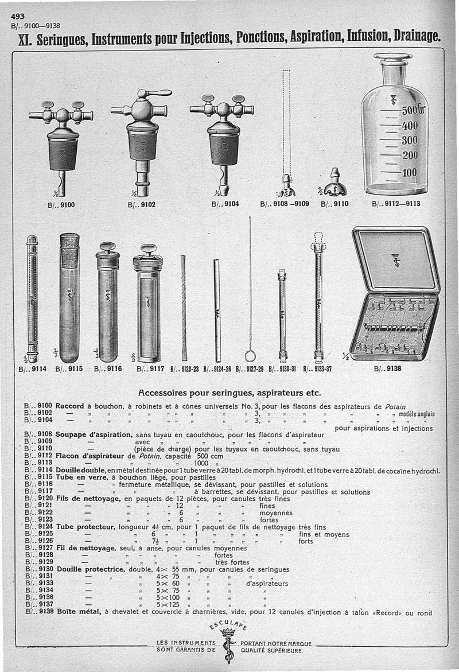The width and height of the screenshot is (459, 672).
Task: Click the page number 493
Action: (18, 17)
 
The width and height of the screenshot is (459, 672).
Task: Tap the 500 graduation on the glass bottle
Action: (410, 110)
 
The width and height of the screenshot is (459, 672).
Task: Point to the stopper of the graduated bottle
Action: (392, 59)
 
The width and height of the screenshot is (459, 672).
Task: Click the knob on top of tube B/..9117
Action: (147, 250)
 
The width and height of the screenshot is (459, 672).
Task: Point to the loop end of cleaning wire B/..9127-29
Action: (250, 356)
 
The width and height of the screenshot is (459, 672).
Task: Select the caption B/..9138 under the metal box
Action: (387, 369)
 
